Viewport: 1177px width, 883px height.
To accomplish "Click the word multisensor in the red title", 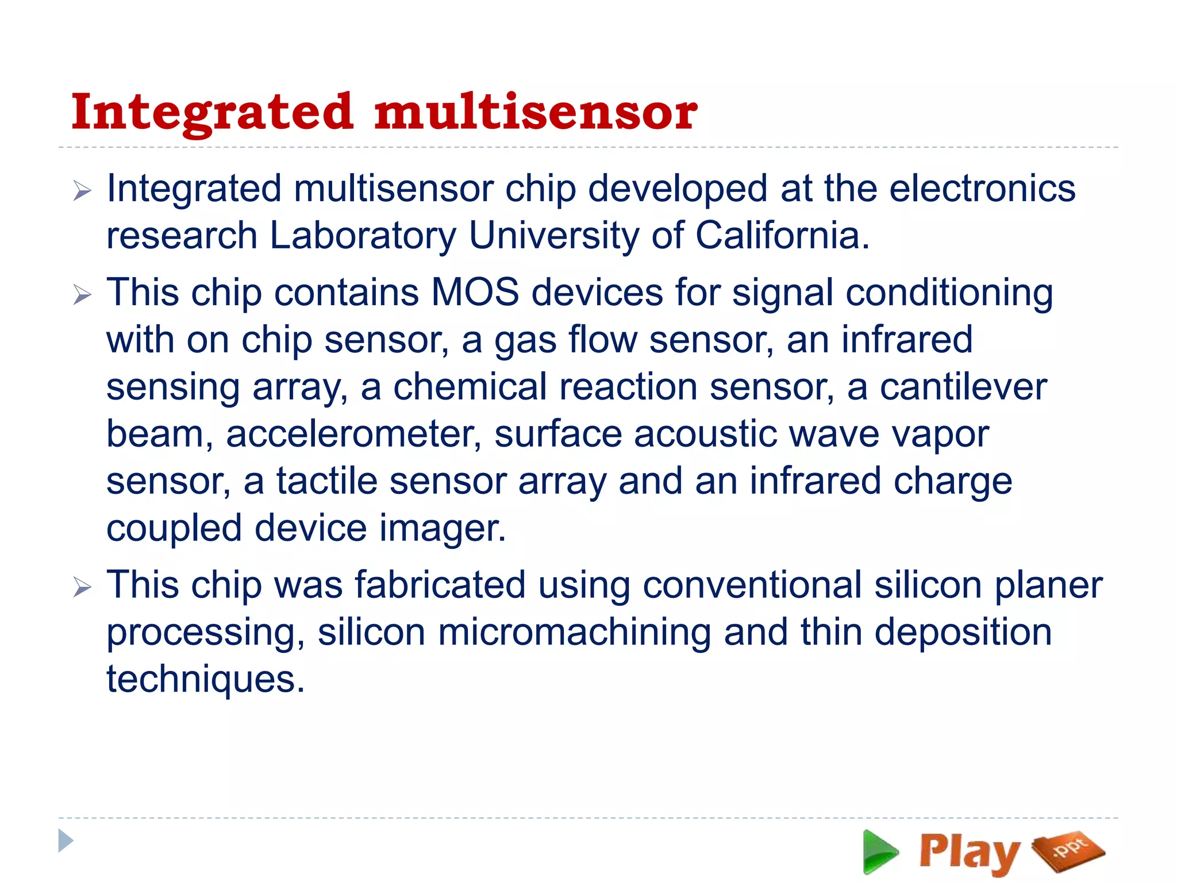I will tap(536, 112).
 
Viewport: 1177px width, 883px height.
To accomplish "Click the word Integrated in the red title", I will tap(211, 113).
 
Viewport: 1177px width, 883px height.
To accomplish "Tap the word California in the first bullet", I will tap(782, 236).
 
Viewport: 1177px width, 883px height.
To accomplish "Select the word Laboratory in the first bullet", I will tap(362, 236).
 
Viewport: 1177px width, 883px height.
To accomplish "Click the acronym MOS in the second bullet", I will tap(475, 293).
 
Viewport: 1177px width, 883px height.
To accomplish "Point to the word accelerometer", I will tap(353, 434).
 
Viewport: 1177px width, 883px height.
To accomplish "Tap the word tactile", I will tap(326, 481).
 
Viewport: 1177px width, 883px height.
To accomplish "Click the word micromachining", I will tap(574, 632).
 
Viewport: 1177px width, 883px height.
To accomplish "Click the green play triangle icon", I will tap(879, 851).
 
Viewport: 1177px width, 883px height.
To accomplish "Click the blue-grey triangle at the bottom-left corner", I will tap(66, 841).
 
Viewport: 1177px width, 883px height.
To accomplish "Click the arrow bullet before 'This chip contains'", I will tap(82, 295).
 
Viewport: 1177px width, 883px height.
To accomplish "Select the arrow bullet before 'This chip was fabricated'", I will tap(82, 588).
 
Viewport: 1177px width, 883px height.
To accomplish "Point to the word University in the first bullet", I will tap(553, 236).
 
